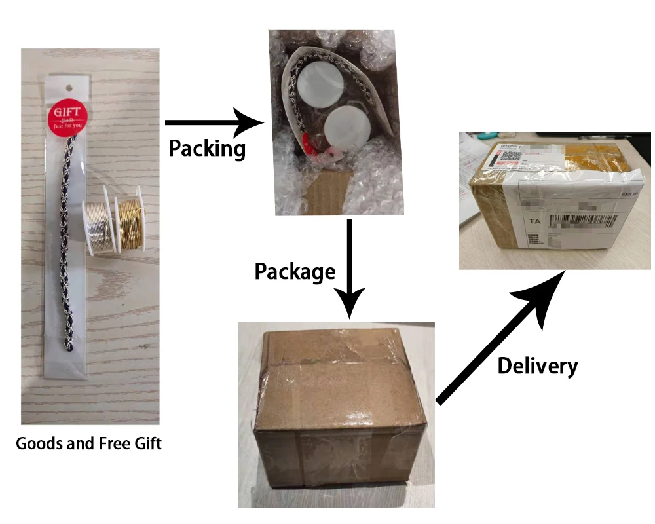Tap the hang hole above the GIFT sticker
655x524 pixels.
67,86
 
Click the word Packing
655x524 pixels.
206,149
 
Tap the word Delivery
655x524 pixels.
538,365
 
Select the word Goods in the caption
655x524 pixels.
41,443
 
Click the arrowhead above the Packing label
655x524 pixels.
249,122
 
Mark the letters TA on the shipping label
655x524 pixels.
534,222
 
